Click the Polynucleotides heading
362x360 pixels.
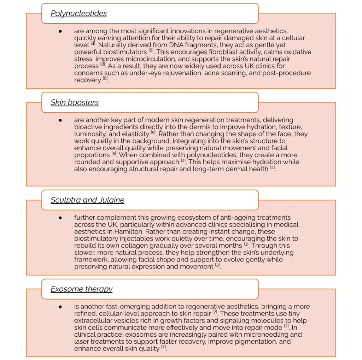[x=78, y=13]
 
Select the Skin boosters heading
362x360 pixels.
[x=74, y=102]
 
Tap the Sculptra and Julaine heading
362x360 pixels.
[x=87, y=200]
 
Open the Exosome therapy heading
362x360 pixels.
[x=81, y=289]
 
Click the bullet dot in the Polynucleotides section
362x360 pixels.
[x=60, y=31]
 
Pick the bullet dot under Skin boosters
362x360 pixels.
[x=60, y=120]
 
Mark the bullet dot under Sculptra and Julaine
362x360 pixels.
[x=60, y=218]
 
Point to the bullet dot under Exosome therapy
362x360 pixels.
[x=60, y=307]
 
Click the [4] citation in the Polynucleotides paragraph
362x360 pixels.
[x=93, y=44]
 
